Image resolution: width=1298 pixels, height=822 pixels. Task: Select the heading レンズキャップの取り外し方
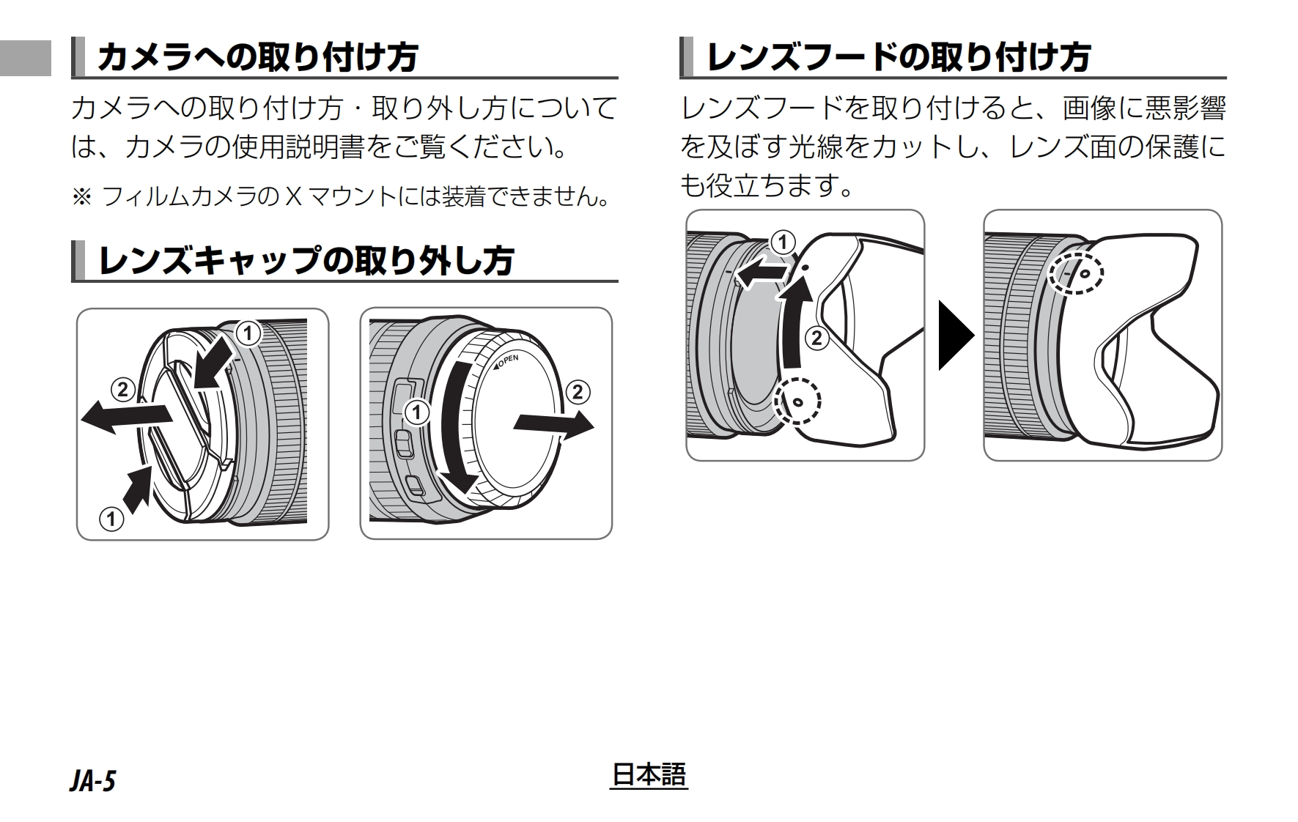305,260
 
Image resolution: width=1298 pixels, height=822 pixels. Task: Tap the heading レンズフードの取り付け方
898,57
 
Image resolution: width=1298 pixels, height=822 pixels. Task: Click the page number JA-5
93,782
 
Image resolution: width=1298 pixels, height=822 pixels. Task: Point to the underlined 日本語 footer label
649,775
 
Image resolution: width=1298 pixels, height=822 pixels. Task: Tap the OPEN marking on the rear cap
506,361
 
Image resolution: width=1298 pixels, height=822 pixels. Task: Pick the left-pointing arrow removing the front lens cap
126,418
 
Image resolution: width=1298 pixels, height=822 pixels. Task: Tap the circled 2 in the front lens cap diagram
122,389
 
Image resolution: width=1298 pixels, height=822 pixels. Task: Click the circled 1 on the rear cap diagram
417,412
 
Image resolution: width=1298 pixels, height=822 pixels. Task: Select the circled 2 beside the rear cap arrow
578,392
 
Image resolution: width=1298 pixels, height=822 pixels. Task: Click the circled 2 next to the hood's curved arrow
818,338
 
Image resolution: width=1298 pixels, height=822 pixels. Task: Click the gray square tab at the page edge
26,57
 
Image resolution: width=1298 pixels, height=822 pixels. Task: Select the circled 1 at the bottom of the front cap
111,520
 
